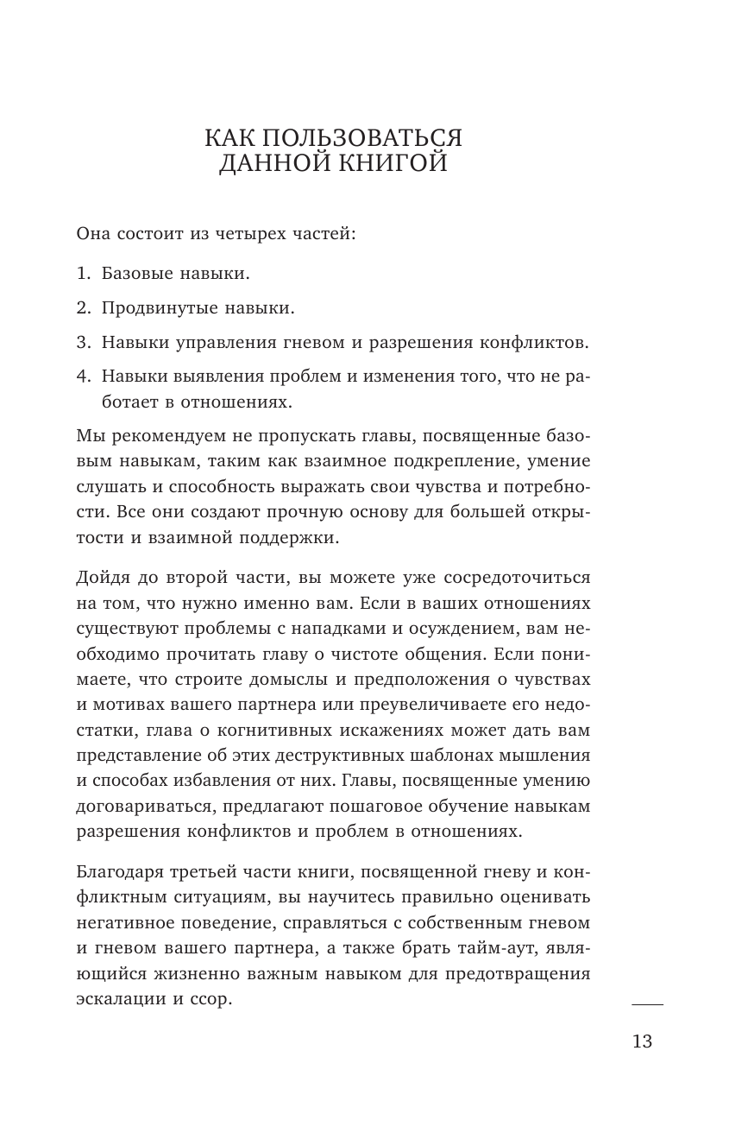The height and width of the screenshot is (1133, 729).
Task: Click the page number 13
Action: [643, 1041]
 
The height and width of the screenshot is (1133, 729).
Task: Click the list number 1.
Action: [84, 274]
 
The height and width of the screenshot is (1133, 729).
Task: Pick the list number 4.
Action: [84, 377]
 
